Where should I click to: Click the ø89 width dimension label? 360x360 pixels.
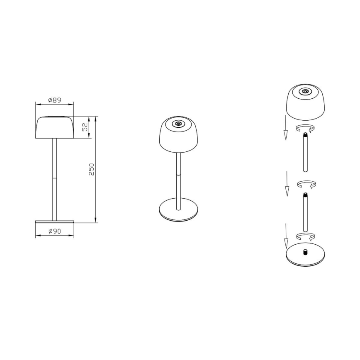[55, 100]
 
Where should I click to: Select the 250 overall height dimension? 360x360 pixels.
[92, 169]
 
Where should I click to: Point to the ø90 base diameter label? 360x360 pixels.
[55, 231]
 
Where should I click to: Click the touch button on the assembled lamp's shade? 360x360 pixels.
[179, 124]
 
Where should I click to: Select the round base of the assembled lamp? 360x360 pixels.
[179, 209]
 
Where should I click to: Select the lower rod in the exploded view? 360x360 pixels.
[305, 212]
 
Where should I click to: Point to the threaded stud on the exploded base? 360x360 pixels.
[305, 251]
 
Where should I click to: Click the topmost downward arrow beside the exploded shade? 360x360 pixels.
[285, 129]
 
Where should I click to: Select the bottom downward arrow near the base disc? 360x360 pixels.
[286, 236]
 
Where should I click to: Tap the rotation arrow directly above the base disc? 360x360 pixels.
[306, 236]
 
